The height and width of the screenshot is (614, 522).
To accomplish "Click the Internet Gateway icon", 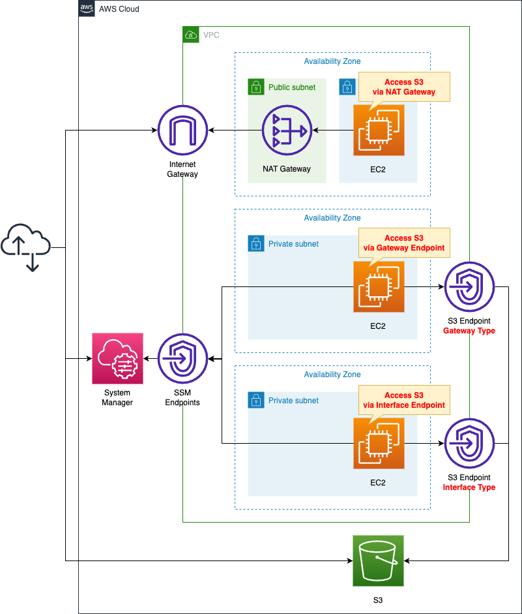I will point(182,130).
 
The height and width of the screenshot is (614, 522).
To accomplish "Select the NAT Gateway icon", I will point(287,130).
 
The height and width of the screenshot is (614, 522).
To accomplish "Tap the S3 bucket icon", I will point(378,560).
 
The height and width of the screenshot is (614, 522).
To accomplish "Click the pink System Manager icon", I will point(117,358).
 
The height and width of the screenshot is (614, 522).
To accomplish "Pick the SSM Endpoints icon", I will point(182,358).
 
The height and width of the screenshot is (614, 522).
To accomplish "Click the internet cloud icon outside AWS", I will point(25,247).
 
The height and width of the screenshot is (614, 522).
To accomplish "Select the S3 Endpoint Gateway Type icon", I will point(469,287).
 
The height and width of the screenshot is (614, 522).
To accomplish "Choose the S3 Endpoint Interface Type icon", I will point(469,443).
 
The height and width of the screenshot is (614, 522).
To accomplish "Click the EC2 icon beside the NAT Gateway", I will point(378,130).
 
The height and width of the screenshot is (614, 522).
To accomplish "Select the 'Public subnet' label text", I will point(291,87).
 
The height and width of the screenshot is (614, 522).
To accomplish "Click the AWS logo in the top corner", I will point(86,8).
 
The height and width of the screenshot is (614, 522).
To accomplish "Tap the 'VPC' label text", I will point(211,35).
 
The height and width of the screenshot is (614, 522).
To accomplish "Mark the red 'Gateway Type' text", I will point(469,331).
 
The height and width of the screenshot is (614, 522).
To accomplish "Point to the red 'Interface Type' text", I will point(469,487).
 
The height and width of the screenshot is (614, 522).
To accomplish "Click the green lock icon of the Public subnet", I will point(255,87).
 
